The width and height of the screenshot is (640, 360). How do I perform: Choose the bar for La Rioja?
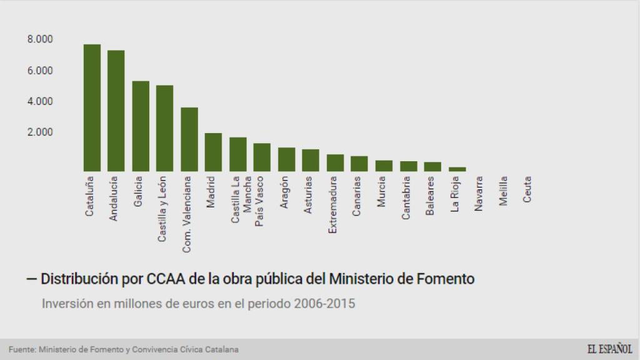click(x=457, y=169)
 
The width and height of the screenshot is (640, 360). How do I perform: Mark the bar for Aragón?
click(x=287, y=159)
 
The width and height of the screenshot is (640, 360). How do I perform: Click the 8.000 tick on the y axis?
click(x=40, y=39)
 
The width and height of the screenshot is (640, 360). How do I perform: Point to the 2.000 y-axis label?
click(x=40, y=132)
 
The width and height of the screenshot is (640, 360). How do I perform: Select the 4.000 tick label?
click(x=40, y=101)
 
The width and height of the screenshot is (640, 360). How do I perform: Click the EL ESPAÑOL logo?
click(x=609, y=349)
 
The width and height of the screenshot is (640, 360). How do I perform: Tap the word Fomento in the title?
click(x=443, y=279)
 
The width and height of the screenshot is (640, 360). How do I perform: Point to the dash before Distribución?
click(x=31, y=279)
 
